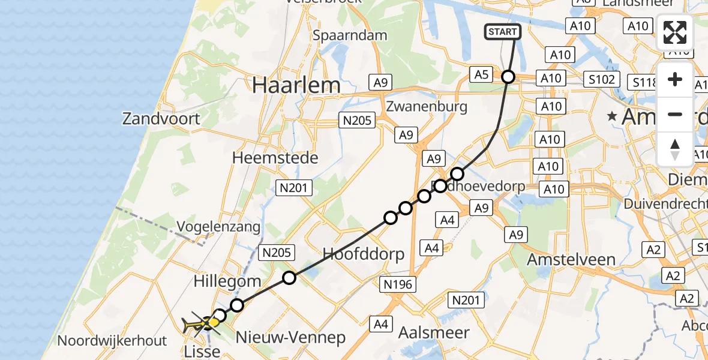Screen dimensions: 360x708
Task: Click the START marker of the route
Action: [x=502, y=32]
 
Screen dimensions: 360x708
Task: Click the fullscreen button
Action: [x=675, y=32]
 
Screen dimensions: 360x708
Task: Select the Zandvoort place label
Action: [x=161, y=118]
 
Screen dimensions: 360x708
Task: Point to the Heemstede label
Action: [x=275, y=158]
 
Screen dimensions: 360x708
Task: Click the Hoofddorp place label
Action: [x=364, y=253]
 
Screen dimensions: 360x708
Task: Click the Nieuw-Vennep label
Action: [x=291, y=337]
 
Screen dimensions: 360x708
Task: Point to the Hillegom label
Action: [x=227, y=281]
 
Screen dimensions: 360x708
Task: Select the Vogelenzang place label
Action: [x=218, y=227]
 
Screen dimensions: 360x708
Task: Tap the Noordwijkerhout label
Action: [x=112, y=341]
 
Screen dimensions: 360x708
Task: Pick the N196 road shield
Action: [x=398, y=284]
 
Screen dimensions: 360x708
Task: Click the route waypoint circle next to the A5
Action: [x=508, y=77]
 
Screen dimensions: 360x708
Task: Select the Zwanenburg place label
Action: [x=427, y=107]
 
